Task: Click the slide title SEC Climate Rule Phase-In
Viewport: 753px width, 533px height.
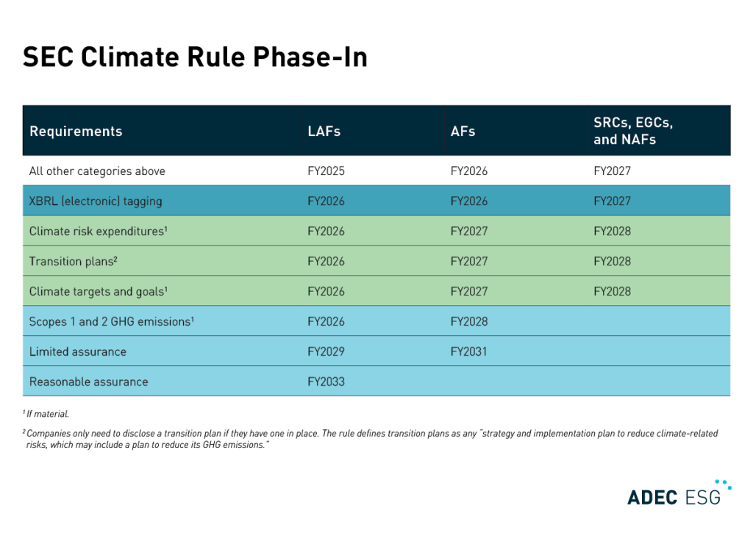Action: click(x=195, y=57)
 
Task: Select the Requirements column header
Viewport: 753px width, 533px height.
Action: click(x=76, y=132)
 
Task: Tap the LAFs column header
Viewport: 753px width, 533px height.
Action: click(x=324, y=132)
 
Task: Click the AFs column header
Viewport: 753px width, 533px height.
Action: click(x=463, y=132)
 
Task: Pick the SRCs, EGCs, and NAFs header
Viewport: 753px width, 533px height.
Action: click(x=633, y=131)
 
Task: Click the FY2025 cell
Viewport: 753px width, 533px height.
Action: click(x=326, y=171)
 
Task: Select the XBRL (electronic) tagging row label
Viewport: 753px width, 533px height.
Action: click(x=96, y=201)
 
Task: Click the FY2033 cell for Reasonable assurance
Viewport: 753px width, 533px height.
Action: click(x=326, y=382)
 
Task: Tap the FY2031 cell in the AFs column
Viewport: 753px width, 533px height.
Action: click(x=468, y=351)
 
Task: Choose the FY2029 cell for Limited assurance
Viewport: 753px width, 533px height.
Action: click(x=326, y=351)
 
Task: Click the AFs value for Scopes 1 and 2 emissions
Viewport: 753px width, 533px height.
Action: click(x=468, y=321)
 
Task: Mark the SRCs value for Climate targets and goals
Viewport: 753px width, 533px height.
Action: click(x=612, y=291)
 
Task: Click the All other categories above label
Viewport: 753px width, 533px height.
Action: click(x=97, y=171)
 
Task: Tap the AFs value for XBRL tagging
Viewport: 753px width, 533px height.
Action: click(x=468, y=201)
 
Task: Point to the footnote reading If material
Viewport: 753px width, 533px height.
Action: click(x=49, y=415)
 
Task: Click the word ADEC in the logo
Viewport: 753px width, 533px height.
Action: click(x=652, y=497)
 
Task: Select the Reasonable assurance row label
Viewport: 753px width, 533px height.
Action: click(x=88, y=382)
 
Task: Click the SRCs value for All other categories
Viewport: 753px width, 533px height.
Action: click(x=612, y=171)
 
